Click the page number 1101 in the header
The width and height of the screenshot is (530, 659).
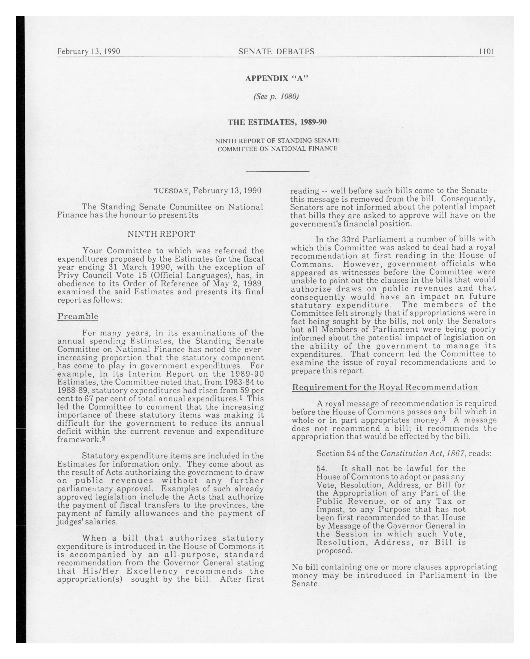(x=486, y=51)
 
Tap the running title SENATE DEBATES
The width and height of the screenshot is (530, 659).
(x=276, y=51)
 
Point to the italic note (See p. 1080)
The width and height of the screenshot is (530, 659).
(x=276, y=97)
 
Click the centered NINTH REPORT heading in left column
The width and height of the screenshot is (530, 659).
(x=161, y=234)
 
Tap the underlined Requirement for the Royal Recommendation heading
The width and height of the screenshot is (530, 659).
(x=385, y=387)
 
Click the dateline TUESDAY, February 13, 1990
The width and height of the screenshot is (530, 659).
(x=208, y=191)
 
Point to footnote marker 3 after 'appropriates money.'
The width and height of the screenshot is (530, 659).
(x=443, y=419)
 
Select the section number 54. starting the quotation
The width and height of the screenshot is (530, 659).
(x=322, y=469)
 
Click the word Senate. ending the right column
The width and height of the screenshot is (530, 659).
(x=306, y=584)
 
